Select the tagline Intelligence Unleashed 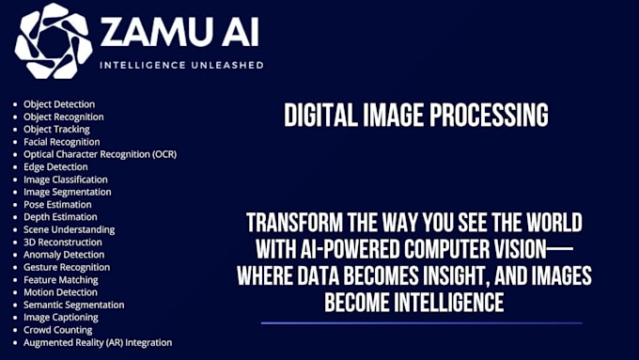coord(181,66)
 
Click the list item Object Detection coord(59,104)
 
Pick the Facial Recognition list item coord(62,142)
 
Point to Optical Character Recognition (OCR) coord(100,154)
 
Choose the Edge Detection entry coord(55,166)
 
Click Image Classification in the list coord(66,180)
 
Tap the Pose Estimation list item coord(57,204)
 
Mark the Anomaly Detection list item coord(64,255)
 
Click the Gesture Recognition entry coord(67,267)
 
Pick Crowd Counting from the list coord(58,330)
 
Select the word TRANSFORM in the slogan coord(292,225)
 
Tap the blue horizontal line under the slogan coord(421,323)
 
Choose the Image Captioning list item coord(62,317)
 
